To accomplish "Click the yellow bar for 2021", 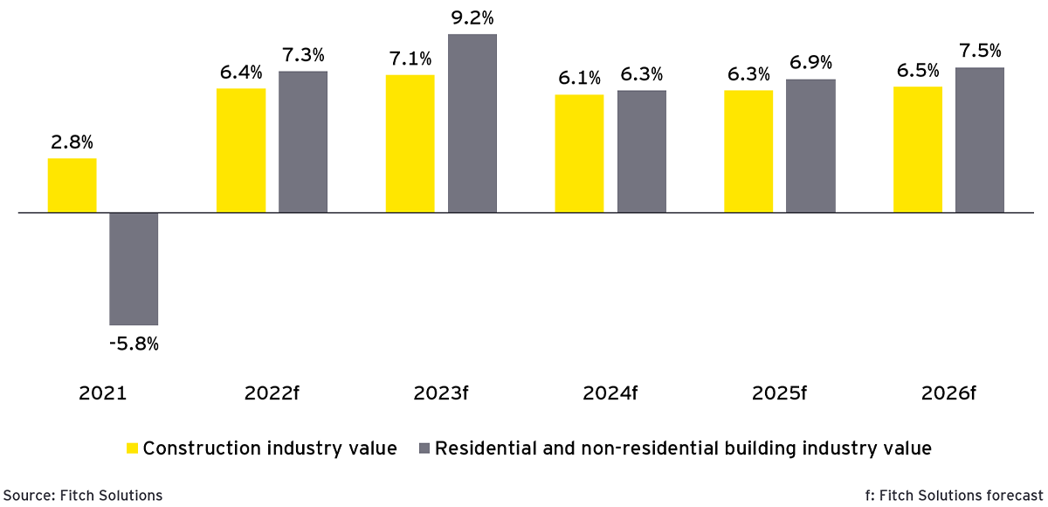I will point(72,185).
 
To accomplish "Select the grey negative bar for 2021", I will point(134,268).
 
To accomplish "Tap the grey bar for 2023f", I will point(472,123).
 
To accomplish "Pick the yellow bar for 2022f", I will point(241,150).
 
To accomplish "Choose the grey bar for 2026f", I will point(980,140).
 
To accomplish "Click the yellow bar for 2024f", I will point(580,153).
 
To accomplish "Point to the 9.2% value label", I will point(472,17).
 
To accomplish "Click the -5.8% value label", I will point(134,344).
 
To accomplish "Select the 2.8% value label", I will point(72,142).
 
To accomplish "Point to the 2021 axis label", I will point(103,393).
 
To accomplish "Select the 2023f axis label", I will point(441,393).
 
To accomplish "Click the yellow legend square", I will point(132,448).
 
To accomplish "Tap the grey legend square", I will point(424,448).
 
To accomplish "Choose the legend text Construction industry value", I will point(270,448).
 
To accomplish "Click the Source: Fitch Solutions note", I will point(81,496).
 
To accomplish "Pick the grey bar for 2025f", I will point(810,146).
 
